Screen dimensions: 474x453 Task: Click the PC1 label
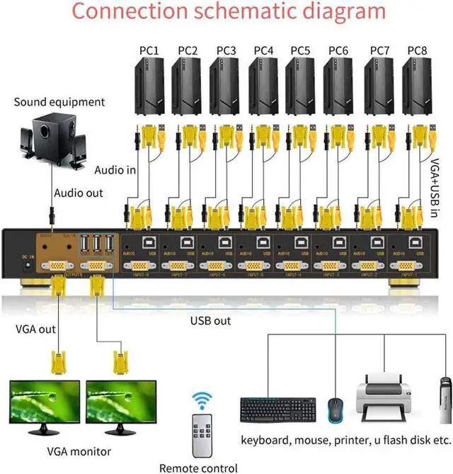pos(149,50)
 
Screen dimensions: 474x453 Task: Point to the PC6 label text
pos(338,50)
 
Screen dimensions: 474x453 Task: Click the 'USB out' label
pos(210,321)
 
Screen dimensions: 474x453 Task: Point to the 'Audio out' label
pos(79,193)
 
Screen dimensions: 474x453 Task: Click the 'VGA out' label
pos(35,329)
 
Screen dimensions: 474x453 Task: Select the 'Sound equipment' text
pos(59,102)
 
